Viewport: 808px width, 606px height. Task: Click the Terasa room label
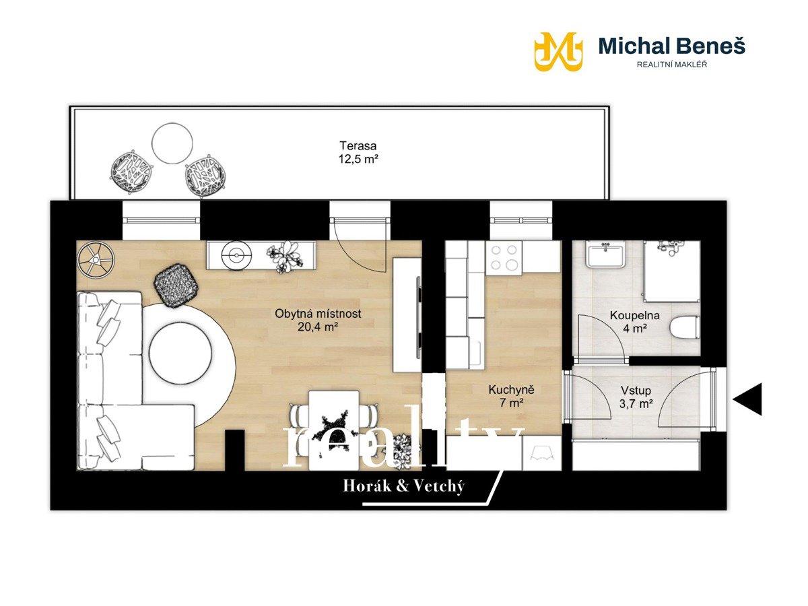(x=358, y=145)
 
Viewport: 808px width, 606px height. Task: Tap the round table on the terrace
(x=172, y=143)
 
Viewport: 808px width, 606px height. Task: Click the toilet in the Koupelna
(x=684, y=327)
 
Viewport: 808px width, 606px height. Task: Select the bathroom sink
(x=605, y=255)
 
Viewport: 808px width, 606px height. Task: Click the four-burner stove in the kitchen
(x=504, y=258)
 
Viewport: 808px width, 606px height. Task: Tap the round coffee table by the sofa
(x=180, y=353)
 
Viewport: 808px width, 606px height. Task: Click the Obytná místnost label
(x=318, y=314)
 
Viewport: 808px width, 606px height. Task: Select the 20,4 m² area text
(x=318, y=327)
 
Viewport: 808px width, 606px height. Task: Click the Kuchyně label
(x=511, y=390)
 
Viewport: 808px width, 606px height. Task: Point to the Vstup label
(x=636, y=390)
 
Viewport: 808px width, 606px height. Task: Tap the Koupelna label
(x=635, y=315)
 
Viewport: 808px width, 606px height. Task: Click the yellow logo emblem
(x=558, y=52)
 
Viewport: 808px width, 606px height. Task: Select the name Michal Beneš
(x=672, y=46)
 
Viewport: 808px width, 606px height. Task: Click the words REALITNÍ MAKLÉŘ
(x=672, y=65)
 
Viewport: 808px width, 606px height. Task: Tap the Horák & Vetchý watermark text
(x=404, y=486)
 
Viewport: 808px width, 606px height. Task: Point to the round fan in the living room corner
(x=96, y=260)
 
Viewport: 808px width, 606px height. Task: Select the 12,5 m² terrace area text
(x=358, y=160)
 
